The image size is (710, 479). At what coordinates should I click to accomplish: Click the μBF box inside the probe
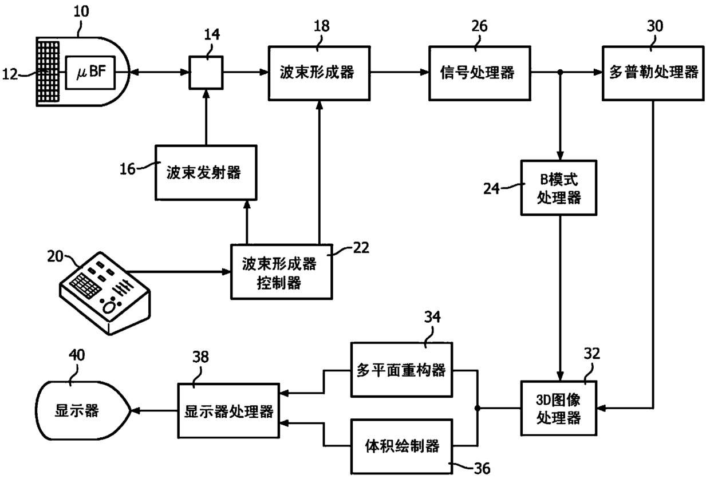pyautogui.click(x=90, y=72)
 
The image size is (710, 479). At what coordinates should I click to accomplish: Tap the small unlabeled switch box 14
pyautogui.click(x=206, y=73)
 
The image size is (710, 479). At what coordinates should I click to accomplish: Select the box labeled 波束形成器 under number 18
pyautogui.click(x=319, y=73)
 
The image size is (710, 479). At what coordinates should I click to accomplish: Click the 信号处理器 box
pyautogui.click(x=480, y=73)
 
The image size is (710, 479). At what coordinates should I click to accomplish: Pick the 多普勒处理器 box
pyautogui.click(x=653, y=73)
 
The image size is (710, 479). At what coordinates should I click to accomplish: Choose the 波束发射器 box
pyautogui.click(x=206, y=173)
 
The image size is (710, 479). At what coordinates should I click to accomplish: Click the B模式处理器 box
pyautogui.click(x=559, y=188)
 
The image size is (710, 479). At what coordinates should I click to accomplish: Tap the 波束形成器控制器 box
pyautogui.click(x=282, y=271)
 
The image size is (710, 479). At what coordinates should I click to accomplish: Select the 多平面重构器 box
pyautogui.click(x=401, y=369)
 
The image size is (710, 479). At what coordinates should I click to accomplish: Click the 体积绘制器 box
pyautogui.click(x=401, y=446)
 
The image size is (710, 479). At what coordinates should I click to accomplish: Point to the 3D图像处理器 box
pyautogui.click(x=559, y=408)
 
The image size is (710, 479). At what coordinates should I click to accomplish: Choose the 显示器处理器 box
pyautogui.click(x=228, y=411)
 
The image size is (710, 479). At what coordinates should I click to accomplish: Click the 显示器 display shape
pyautogui.click(x=82, y=410)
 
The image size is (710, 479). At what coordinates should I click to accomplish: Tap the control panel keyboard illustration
pyautogui.click(x=105, y=293)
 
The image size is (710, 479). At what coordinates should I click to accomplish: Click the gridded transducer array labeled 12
pyautogui.click(x=48, y=72)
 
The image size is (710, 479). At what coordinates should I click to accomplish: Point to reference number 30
pyautogui.click(x=654, y=26)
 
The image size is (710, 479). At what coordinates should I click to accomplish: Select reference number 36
pyautogui.click(x=482, y=468)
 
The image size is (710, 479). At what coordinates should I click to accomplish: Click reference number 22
pyautogui.click(x=361, y=248)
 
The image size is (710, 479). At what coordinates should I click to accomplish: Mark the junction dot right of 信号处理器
pyautogui.click(x=560, y=72)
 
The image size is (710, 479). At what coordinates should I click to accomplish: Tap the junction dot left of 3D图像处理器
pyautogui.click(x=478, y=409)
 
